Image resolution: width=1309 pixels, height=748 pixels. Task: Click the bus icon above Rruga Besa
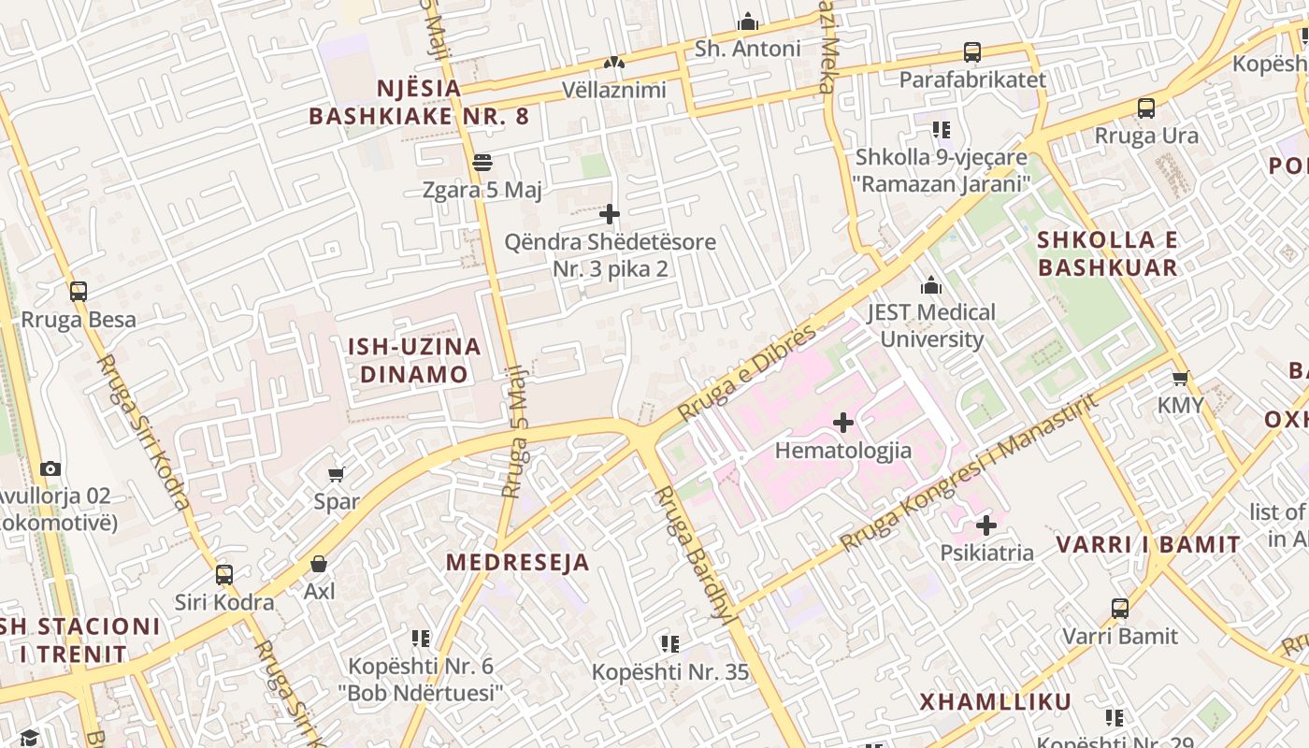click(79, 292)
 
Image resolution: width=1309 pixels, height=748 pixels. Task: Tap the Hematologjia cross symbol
click(843, 423)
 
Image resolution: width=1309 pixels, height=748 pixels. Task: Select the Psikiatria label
click(987, 553)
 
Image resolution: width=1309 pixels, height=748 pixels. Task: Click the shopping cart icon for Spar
click(337, 474)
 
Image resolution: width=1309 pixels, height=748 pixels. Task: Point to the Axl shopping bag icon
click(319, 564)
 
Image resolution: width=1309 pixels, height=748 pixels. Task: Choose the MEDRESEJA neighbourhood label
click(517, 562)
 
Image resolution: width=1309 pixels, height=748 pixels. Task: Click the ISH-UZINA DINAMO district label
click(414, 360)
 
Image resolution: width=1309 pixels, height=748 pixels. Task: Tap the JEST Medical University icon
click(931, 285)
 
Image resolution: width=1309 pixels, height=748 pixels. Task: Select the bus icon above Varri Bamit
click(1120, 609)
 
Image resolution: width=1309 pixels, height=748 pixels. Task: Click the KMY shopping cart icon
click(1181, 378)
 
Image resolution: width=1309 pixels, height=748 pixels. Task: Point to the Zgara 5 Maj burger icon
click(482, 163)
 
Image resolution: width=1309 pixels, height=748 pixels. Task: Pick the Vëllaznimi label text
click(614, 90)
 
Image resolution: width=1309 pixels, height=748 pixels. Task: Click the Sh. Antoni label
click(748, 49)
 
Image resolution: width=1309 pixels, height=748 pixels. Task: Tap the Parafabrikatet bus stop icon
click(972, 52)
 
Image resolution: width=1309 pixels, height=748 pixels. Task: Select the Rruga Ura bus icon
click(1146, 108)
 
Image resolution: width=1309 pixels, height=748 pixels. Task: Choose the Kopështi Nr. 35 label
click(670, 671)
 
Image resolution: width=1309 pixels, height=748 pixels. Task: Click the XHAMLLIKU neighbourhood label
click(995, 702)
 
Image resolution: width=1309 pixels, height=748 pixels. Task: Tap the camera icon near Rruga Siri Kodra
click(50, 468)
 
